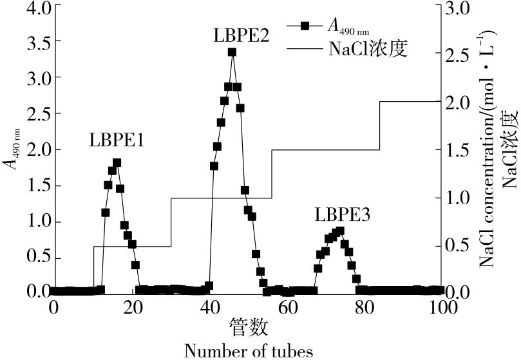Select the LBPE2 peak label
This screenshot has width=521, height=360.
(242, 35)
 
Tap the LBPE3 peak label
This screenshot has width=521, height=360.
(343, 214)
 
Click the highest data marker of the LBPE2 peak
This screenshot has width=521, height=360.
(232, 53)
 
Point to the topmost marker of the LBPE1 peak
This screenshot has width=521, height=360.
(117, 163)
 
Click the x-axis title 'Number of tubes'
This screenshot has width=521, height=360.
(249, 350)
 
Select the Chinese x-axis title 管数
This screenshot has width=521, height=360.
(249, 328)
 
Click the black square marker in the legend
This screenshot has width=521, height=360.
(306, 26)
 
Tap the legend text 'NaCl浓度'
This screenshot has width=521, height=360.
(368, 48)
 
